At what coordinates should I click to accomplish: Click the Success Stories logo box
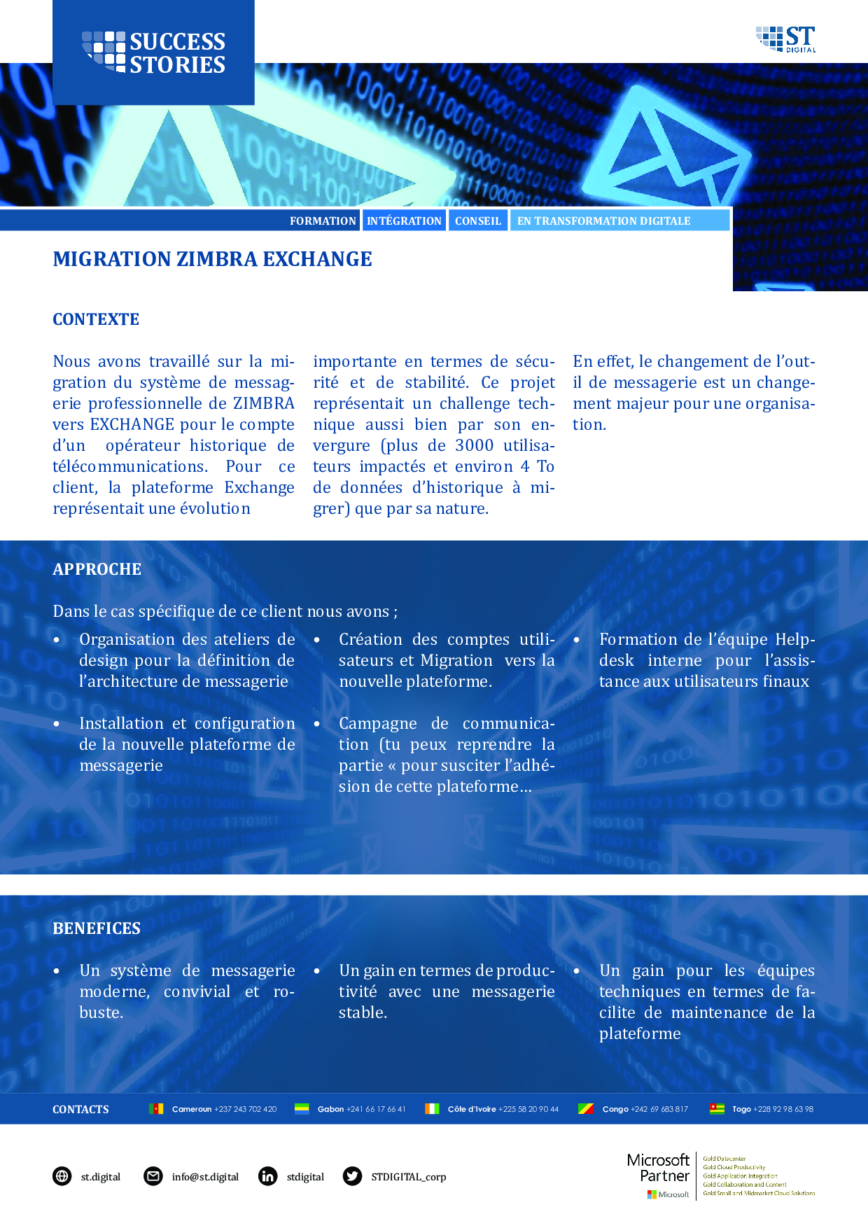point(153,53)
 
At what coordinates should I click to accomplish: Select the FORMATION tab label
point(323,221)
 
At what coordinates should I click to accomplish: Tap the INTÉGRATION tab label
point(404,221)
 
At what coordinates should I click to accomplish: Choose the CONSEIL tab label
point(478,221)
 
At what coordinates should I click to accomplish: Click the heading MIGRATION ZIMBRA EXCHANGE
point(212,260)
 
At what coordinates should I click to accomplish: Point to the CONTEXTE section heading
point(96,320)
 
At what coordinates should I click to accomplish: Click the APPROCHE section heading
point(97,570)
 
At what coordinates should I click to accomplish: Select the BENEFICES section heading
point(97,929)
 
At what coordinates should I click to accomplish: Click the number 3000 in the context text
point(474,446)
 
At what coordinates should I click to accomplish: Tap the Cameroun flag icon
point(156,1108)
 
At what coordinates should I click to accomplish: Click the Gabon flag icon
point(302,1108)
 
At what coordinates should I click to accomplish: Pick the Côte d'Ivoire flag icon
point(432,1108)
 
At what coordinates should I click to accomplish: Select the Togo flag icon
point(717,1108)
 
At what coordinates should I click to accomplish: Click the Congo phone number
point(659,1109)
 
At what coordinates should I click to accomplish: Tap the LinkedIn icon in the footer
point(267,1176)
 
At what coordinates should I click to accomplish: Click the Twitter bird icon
point(352,1176)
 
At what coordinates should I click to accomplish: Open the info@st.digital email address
point(205,1177)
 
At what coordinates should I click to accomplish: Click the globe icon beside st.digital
point(62,1176)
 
